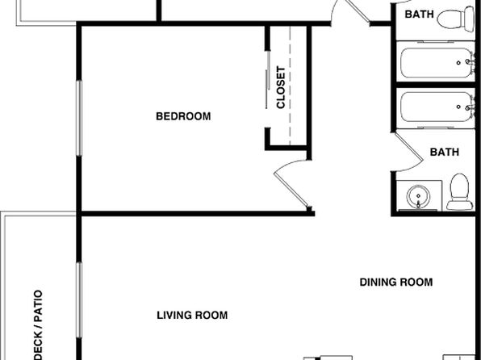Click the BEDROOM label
point(183,116)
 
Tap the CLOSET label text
point(281,87)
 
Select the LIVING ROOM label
point(192,315)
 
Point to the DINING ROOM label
point(396,282)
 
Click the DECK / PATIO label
point(38,324)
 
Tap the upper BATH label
point(419,14)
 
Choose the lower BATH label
point(444,152)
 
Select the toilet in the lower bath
point(459,192)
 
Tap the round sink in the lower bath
point(418,196)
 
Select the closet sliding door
point(267,80)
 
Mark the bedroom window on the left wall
point(79,118)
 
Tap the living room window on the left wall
point(79,300)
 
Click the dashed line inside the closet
point(290,86)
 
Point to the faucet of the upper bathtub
point(470,62)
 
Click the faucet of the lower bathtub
point(470,107)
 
